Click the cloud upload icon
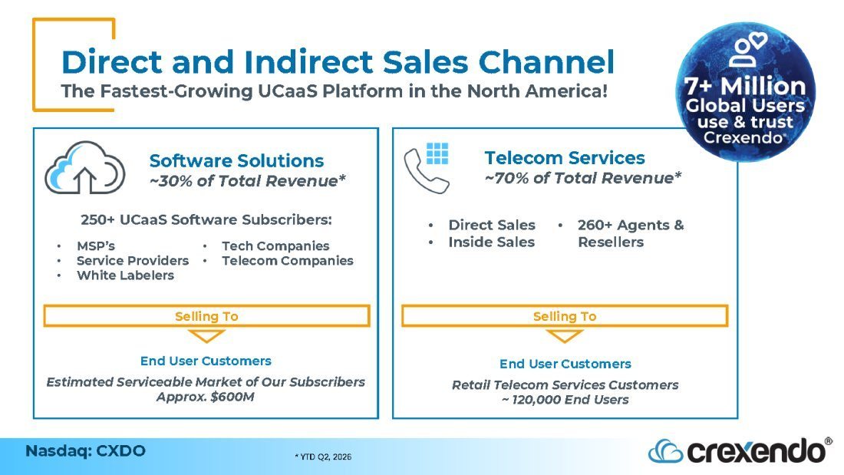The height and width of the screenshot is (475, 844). point(85,168)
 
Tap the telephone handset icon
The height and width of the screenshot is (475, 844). point(425,172)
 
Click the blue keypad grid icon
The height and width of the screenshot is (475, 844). point(437,153)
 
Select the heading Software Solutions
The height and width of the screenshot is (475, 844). point(236,160)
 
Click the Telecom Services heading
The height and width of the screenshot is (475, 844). point(565,158)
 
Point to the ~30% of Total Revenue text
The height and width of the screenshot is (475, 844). point(248,181)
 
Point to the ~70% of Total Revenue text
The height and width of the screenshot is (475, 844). point(583,178)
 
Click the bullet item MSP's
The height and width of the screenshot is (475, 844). point(96,246)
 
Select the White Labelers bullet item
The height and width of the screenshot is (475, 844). point(125,275)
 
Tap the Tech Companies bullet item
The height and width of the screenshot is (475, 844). point(275,246)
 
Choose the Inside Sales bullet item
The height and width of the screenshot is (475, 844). point(491,242)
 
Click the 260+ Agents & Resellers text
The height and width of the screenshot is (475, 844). point(631,233)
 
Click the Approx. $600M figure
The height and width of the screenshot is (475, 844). point(205,397)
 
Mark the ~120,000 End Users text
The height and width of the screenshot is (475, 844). point(565,400)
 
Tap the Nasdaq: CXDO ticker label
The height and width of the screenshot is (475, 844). point(86,450)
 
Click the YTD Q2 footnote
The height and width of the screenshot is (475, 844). point(323,457)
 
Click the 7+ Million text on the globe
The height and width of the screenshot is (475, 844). point(745,86)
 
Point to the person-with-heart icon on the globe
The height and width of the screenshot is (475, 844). point(747,49)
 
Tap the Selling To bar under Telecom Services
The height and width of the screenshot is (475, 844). point(565,316)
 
